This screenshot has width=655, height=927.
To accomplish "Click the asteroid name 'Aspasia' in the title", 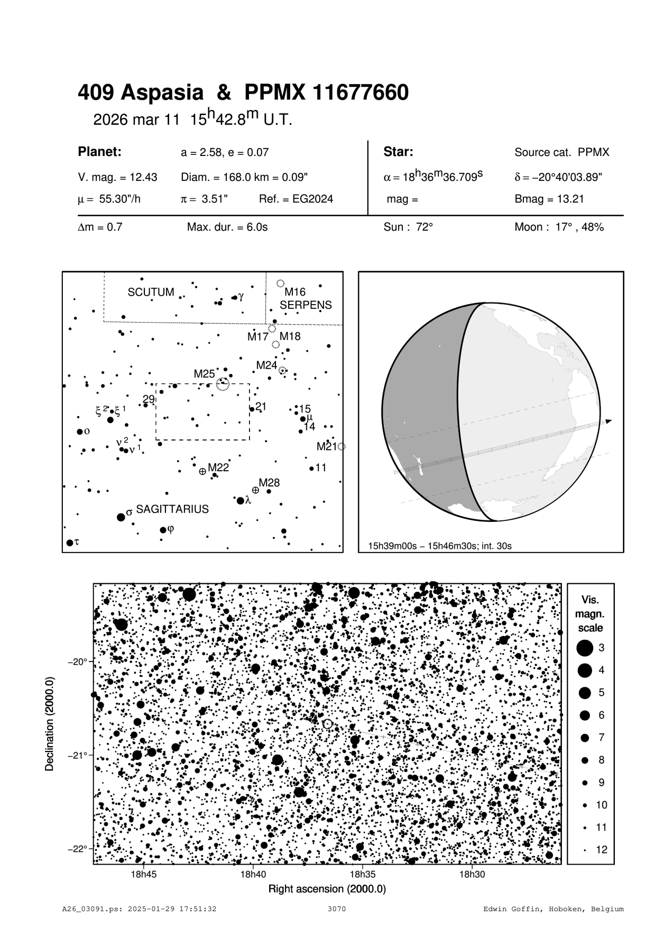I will click(x=162, y=94).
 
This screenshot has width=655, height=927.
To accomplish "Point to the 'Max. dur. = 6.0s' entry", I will click(x=227, y=227).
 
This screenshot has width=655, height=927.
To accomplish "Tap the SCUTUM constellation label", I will click(x=151, y=292).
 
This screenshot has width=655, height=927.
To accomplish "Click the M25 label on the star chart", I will click(x=204, y=374).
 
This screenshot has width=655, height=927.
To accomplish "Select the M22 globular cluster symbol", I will click(x=202, y=471).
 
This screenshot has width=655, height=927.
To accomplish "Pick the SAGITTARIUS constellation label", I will click(x=172, y=509).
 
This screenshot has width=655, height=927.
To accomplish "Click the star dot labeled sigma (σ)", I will click(x=121, y=517).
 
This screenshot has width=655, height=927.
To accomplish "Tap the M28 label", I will click(x=269, y=483).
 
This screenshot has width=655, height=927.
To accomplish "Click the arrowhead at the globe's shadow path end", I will click(x=608, y=421).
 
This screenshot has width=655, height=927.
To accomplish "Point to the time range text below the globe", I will click(x=440, y=546).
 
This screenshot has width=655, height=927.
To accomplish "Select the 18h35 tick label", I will click(x=363, y=875).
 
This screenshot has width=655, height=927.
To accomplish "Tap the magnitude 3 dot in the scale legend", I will click(x=585, y=648).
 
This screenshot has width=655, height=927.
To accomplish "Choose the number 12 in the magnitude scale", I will click(x=602, y=850).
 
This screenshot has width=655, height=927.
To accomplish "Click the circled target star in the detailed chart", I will click(x=327, y=723).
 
